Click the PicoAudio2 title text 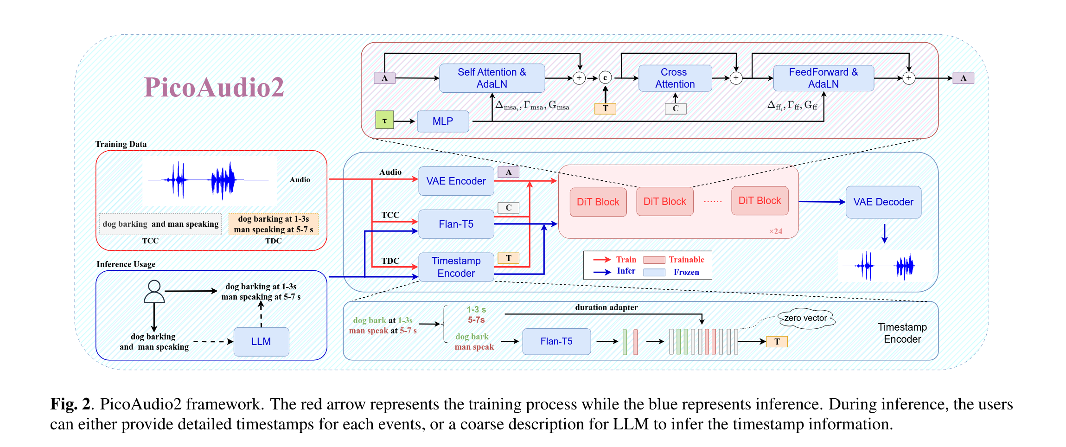214,87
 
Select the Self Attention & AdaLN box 492,78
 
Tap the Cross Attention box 675,78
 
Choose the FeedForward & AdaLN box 823,78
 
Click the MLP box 443,121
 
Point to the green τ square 384,120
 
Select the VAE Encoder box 456,181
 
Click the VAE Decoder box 883,202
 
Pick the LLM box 261,341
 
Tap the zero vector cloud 805,319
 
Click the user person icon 154,292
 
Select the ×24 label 775,231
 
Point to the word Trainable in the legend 686,260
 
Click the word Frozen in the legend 686,272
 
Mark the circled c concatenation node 605,78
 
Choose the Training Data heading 121,144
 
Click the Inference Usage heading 126,264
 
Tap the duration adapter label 606,307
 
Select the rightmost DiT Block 760,201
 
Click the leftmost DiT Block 598,202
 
